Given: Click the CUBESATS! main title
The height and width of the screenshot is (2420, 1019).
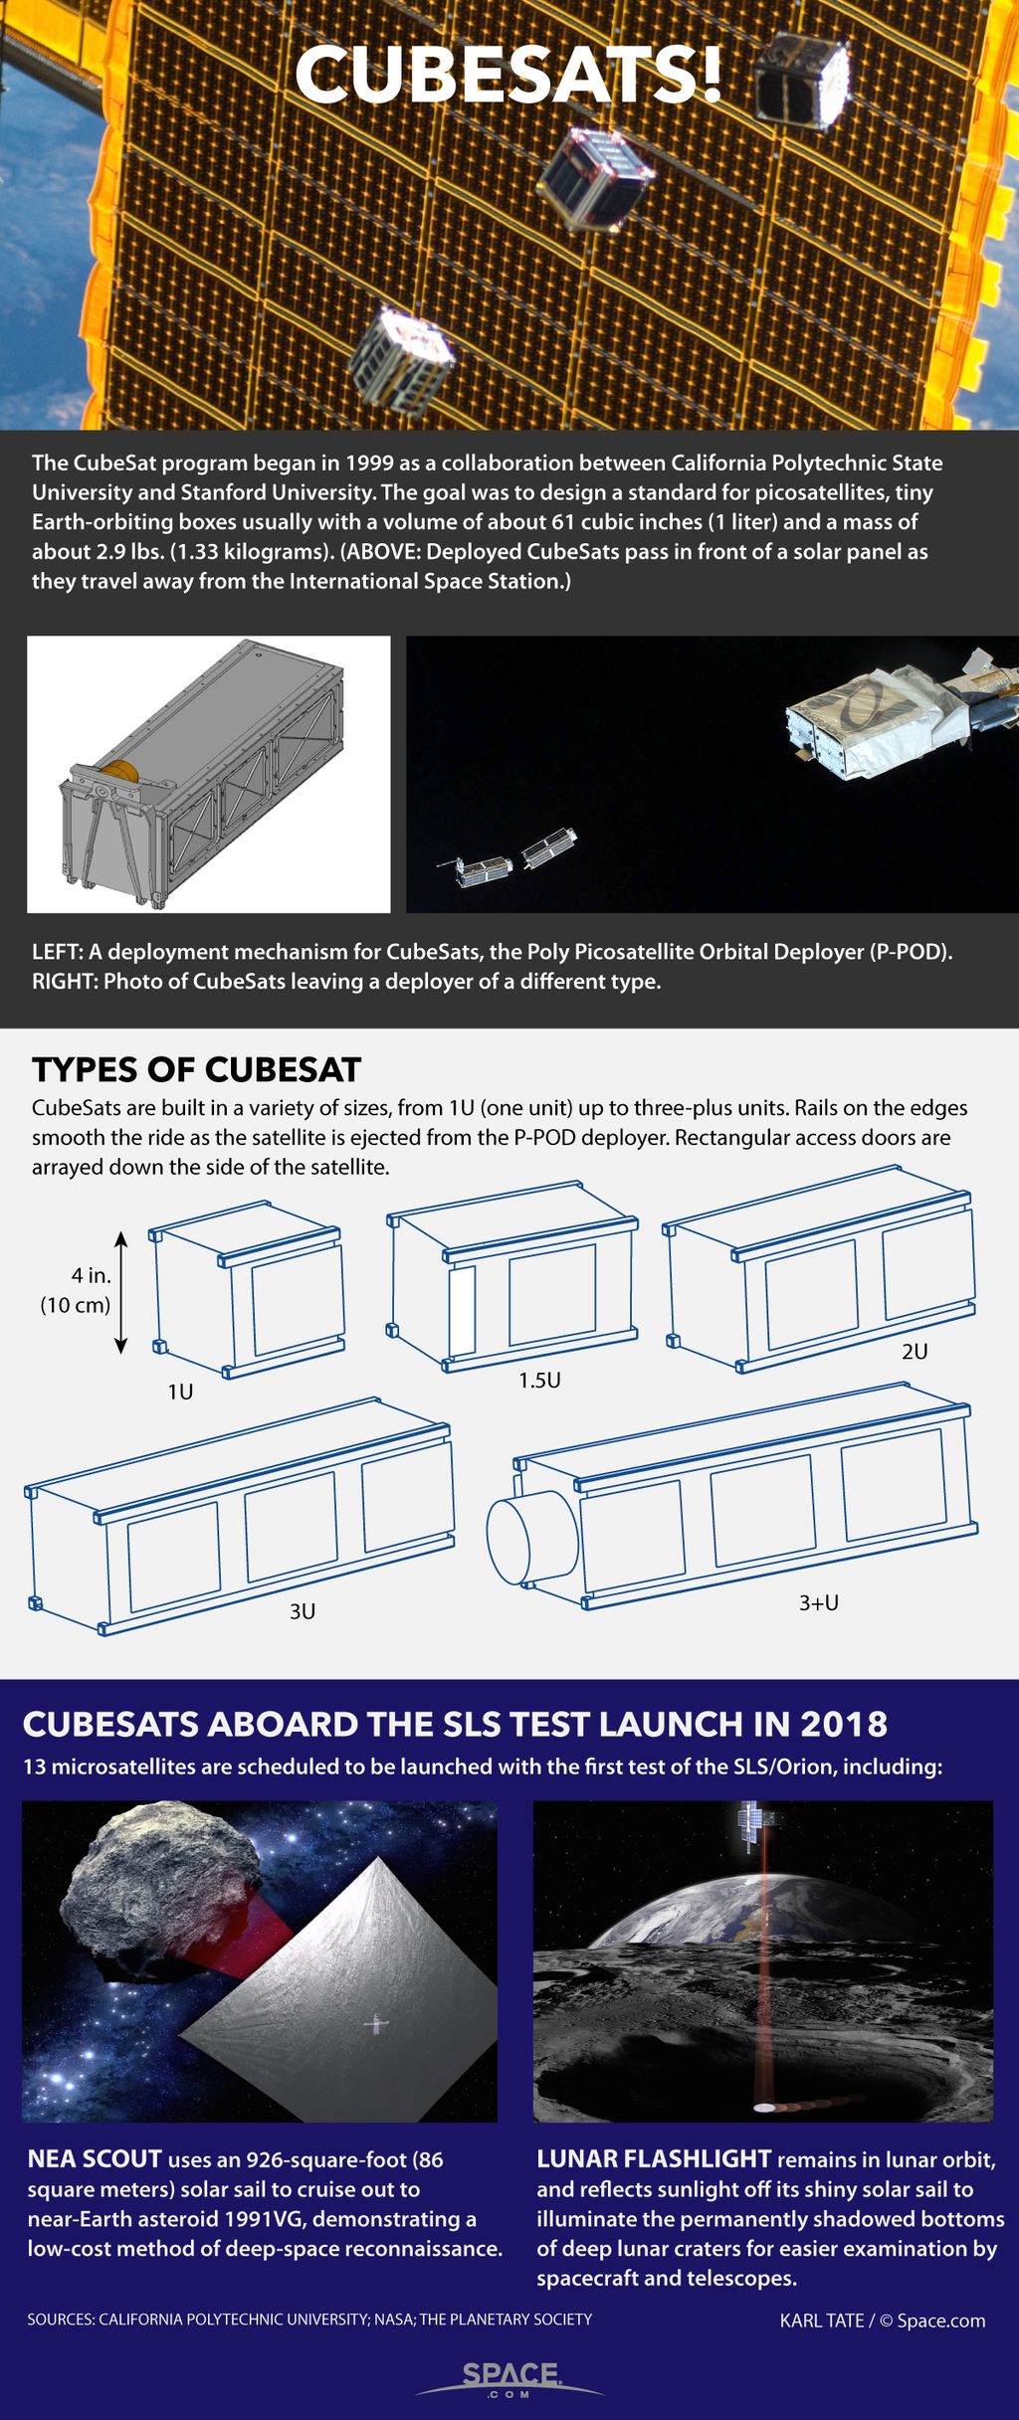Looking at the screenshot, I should (x=508, y=75).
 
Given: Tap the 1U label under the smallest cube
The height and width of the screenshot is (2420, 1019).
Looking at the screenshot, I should (x=180, y=1392).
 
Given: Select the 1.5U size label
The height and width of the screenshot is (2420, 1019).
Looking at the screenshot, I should (x=539, y=1380).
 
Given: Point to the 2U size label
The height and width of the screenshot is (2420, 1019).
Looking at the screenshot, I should (x=914, y=1351).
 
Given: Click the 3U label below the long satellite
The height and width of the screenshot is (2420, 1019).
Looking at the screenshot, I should (x=303, y=1610).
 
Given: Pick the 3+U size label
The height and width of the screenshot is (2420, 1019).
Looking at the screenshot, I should (x=818, y=1602).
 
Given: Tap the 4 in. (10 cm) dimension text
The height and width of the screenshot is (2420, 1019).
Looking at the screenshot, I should (x=77, y=1290).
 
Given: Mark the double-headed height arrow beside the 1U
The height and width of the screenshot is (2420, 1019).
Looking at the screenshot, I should (x=121, y=1292).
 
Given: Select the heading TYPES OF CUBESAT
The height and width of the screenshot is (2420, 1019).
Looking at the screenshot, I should (x=196, y=1069).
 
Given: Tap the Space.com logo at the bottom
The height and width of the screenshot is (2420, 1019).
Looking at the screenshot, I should (x=509, y=2377).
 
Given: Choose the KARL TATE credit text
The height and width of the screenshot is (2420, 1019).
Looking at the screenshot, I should (x=821, y=2321).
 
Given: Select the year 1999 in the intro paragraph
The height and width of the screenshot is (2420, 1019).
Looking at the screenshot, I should (x=369, y=463).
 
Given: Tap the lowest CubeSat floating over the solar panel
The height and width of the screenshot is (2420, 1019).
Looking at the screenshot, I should (x=401, y=360).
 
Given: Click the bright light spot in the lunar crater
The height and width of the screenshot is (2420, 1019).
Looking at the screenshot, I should (x=764, y=2107).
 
